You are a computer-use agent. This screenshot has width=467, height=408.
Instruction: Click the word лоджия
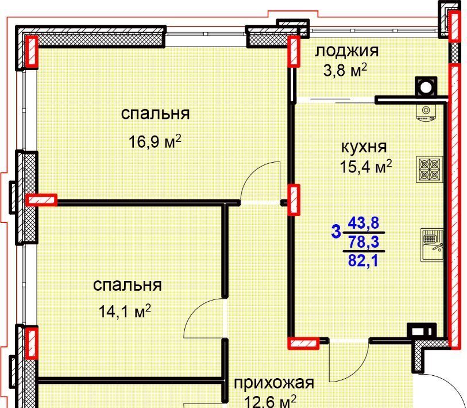(x=347, y=51)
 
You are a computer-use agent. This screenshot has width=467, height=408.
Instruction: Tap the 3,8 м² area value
(x=345, y=70)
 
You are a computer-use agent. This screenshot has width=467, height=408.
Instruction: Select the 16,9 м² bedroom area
(x=155, y=141)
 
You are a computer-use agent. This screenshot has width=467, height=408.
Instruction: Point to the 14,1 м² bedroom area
(x=125, y=311)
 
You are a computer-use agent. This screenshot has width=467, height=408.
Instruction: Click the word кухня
(x=364, y=147)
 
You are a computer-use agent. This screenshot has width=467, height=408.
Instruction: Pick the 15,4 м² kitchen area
(x=366, y=166)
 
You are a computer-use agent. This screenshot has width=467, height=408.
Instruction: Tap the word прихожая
(x=274, y=383)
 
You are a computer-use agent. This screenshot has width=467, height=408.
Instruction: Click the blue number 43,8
(x=364, y=223)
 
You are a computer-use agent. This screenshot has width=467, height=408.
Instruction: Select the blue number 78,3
(x=364, y=242)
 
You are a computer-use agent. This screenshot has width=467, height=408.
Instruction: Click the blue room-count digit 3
(x=336, y=232)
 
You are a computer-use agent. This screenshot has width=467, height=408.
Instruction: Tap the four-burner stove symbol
(x=430, y=170)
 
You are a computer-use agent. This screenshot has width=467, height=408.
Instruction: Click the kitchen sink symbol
(x=431, y=245)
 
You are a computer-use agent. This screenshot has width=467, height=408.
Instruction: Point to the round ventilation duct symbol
(x=426, y=87)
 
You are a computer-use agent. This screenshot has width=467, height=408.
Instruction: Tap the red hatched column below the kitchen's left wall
(x=303, y=343)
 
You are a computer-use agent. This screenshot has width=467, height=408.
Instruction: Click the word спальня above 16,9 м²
(x=155, y=114)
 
